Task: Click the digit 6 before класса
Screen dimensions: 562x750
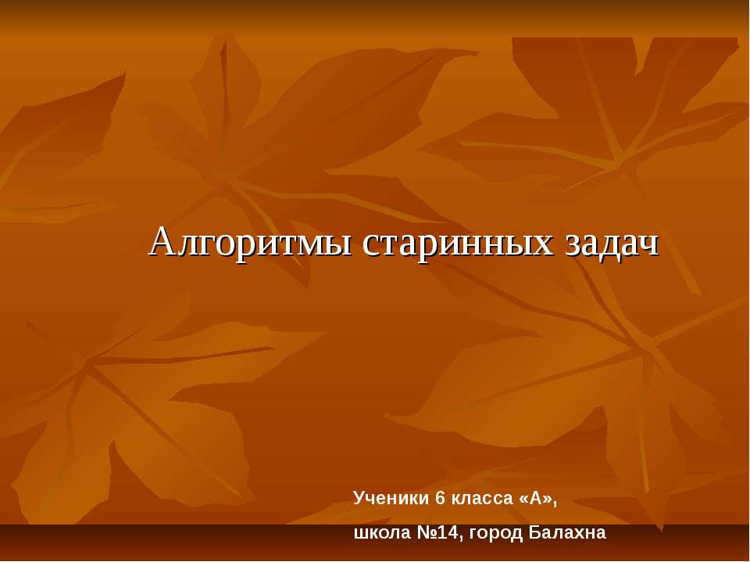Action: coord(441,497)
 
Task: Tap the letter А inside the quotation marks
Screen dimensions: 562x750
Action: coord(537,497)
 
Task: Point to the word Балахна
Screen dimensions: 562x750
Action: coord(567,534)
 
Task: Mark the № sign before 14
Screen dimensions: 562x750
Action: coord(420,534)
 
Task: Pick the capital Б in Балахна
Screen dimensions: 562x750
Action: coord(534,534)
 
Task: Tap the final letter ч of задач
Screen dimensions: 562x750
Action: coord(650,245)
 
